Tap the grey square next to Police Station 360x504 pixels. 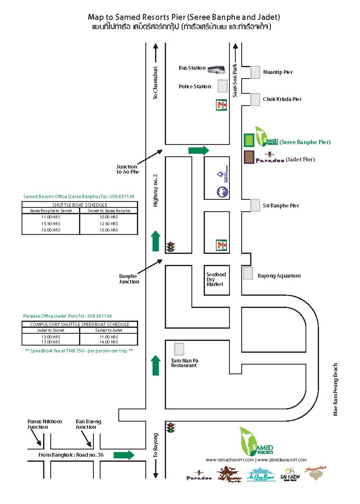(x=222, y=86)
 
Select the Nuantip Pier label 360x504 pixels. (x=278, y=72)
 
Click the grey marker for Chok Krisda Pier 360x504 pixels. (x=255, y=100)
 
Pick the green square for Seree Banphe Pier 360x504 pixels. (x=249, y=139)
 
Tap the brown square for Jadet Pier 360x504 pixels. (x=249, y=157)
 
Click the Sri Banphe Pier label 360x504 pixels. (x=281, y=206)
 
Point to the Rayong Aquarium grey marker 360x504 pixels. (x=248, y=273)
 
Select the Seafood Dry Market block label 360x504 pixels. (x=216, y=279)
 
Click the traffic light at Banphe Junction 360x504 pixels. (x=171, y=246)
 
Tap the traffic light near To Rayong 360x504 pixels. (x=171, y=428)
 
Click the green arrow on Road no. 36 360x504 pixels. (x=124, y=455)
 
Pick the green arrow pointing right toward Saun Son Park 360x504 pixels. (x=199, y=150)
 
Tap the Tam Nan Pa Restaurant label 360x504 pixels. (x=184, y=363)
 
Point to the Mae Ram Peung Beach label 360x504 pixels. (x=335, y=390)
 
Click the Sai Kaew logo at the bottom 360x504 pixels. (x=290, y=474)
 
